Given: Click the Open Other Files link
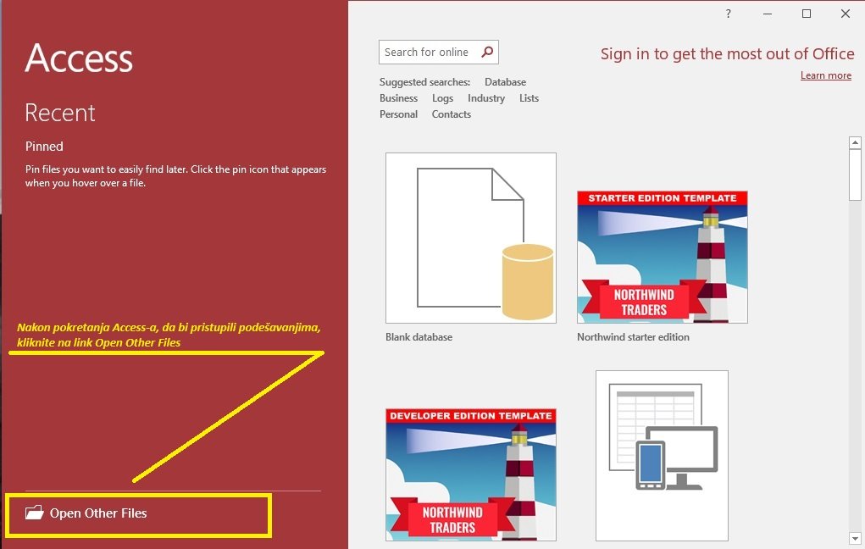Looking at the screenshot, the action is [x=98, y=513].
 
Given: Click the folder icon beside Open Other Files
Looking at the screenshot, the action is [x=34, y=513].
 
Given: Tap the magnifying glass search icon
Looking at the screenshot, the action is [x=487, y=52].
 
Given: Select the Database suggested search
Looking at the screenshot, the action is [x=505, y=81].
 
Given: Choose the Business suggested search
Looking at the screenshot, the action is [x=398, y=98].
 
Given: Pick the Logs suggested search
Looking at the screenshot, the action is [x=442, y=98].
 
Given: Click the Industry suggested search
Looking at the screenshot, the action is [x=486, y=98].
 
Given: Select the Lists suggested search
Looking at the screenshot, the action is [x=529, y=98].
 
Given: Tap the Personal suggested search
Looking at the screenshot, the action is [x=398, y=114].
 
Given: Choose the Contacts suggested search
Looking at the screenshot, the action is [x=452, y=114].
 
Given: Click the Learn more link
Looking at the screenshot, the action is [x=826, y=75].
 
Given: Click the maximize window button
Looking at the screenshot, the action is [x=807, y=14].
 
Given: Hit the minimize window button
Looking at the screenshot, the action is [x=768, y=14].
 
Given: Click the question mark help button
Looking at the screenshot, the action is [x=729, y=14].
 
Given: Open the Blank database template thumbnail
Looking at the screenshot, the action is [x=470, y=238].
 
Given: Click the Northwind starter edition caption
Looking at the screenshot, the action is [x=633, y=337].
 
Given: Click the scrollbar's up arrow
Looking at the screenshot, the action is [x=855, y=143].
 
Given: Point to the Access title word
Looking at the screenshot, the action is [x=79, y=58].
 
